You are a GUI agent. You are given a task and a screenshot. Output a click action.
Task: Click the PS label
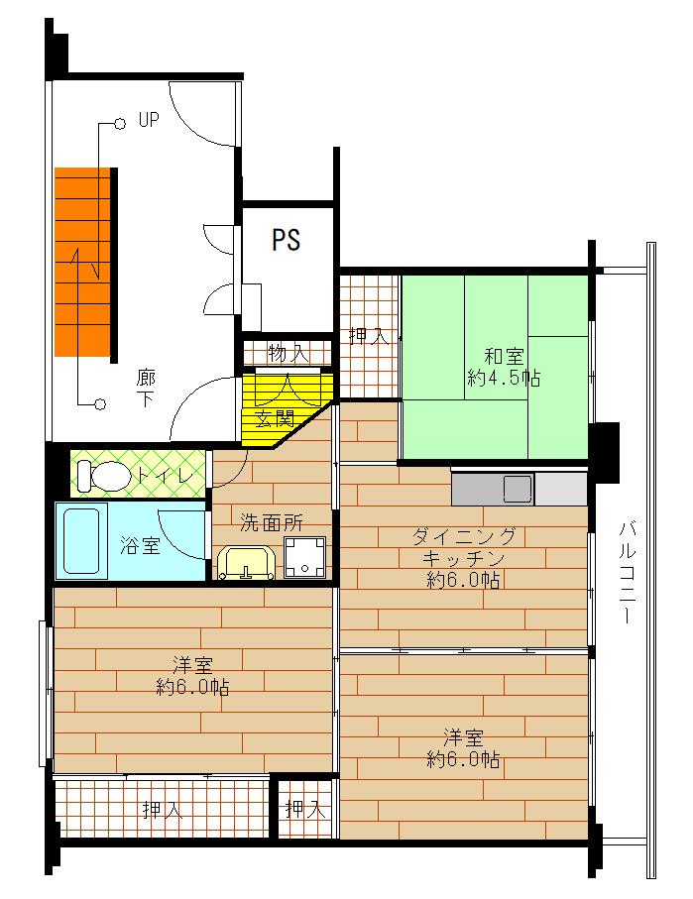pyautogui.click(x=286, y=240)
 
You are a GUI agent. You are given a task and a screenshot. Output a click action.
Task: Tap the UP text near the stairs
pyautogui.click(x=149, y=120)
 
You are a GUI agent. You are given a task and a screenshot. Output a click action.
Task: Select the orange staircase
pyautogui.click(x=82, y=262)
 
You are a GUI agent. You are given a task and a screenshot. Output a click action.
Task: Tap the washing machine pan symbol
pyautogui.click(x=305, y=557)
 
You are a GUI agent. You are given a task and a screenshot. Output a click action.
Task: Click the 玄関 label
pyautogui.click(x=275, y=418)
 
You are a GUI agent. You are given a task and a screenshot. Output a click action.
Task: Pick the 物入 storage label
pyautogui.click(x=289, y=354)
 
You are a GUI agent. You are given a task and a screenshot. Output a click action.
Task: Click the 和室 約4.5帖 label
pyautogui.click(x=504, y=367)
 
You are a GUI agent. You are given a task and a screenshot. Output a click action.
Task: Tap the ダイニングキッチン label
pyautogui.click(x=464, y=557)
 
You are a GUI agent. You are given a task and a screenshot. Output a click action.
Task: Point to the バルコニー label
pyautogui.click(x=627, y=571)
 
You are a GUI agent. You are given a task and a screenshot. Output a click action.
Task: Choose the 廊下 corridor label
pyautogui.click(x=145, y=388)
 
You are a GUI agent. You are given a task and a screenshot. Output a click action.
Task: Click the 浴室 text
pyautogui.click(x=140, y=545)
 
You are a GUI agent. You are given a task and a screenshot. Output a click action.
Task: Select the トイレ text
pyautogui.click(x=171, y=476)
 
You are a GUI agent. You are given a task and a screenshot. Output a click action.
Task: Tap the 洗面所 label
pyautogui.click(x=271, y=522)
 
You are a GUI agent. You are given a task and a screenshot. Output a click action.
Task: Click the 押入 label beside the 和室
pyautogui.click(x=369, y=336)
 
